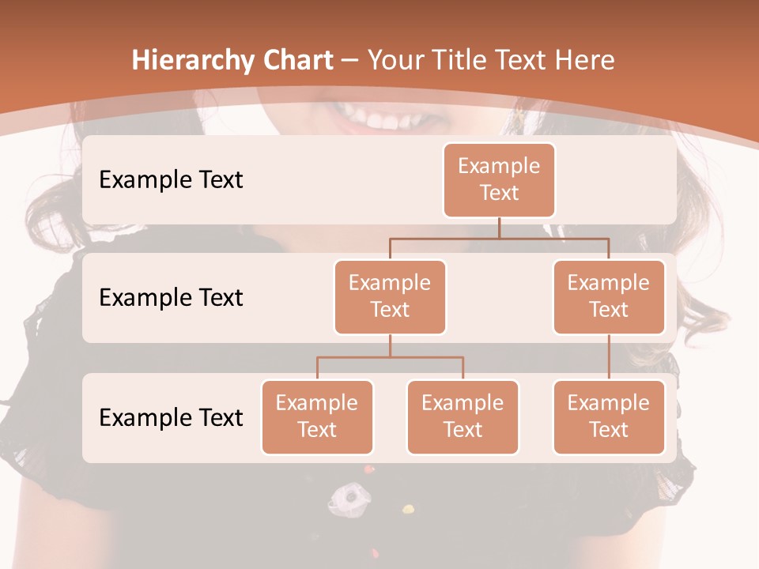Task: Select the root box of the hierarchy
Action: [x=499, y=179]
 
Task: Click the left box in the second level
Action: [x=390, y=296]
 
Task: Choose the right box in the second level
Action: [x=609, y=296]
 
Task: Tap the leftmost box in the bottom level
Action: [x=317, y=416]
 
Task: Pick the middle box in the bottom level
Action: [x=463, y=416]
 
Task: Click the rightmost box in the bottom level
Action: [x=609, y=416]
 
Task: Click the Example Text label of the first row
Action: [x=171, y=180]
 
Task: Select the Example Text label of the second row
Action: [x=171, y=298]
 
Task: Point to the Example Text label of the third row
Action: [x=171, y=417]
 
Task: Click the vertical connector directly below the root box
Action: [x=499, y=228]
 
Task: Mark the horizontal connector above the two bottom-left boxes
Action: [x=390, y=357]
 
